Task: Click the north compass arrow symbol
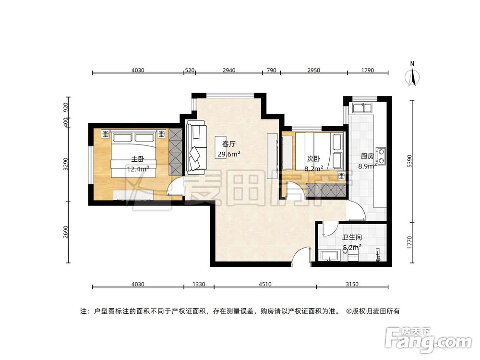click(x=412, y=75)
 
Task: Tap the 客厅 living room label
click(x=228, y=144)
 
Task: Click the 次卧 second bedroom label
click(x=313, y=158)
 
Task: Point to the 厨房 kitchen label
click(x=367, y=156)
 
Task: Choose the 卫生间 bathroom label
click(x=351, y=238)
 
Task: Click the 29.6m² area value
click(x=229, y=154)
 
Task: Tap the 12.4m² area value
click(x=138, y=168)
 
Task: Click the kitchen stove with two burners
click(x=381, y=155)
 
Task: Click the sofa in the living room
click(x=196, y=147)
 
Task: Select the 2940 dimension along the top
click(x=228, y=71)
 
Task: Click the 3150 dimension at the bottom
click(x=352, y=284)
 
